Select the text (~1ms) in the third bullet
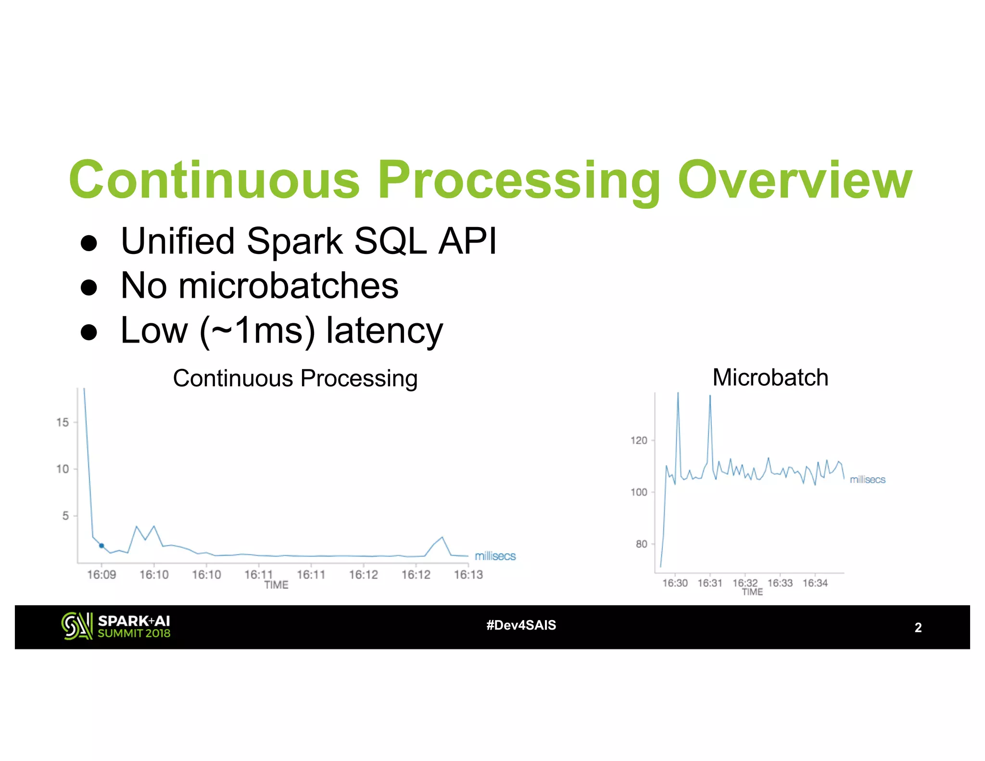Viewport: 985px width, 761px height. tap(257, 331)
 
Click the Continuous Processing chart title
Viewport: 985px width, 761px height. tap(295, 378)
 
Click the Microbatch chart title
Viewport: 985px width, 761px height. tap(770, 377)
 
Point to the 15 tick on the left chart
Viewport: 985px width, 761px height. tap(63, 422)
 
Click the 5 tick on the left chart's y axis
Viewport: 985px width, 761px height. tap(65, 516)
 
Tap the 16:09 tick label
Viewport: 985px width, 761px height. tap(101, 575)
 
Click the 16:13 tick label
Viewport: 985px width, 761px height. tap(468, 575)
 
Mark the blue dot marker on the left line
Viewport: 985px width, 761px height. tap(101, 545)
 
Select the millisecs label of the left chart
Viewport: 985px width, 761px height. tap(495, 556)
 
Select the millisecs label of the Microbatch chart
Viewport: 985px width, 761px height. tap(867, 480)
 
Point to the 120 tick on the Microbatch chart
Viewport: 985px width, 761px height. tap(639, 441)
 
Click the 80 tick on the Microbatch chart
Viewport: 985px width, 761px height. tap(641, 544)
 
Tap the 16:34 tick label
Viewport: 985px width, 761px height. tap(815, 583)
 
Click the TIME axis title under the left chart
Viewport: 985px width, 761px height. tap(276, 585)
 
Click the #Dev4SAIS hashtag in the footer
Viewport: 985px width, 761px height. tap(521, 625)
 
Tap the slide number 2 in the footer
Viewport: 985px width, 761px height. tap(918, 628)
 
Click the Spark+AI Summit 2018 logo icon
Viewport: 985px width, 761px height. tap(76, 626)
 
